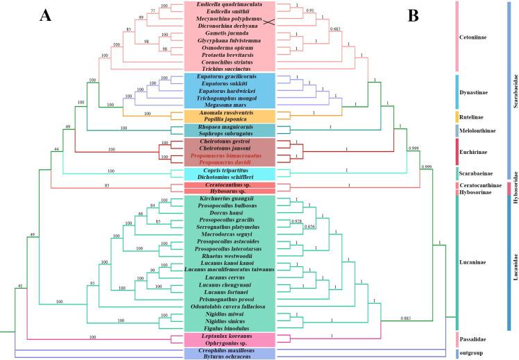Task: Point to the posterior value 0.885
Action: point(409,318)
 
